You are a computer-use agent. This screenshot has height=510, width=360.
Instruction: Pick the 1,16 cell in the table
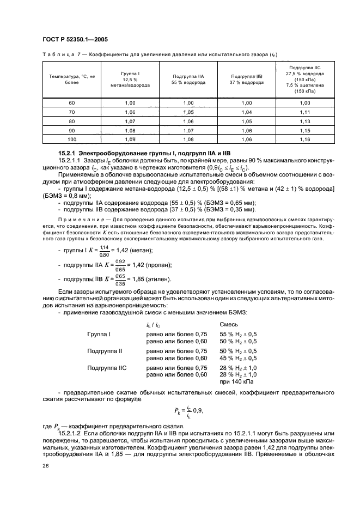[x=305, y=140]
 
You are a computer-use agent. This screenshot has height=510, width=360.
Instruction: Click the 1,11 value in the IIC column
[x=305, y=112]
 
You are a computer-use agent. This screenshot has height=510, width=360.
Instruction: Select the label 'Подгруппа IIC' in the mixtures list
[x=107, y=368]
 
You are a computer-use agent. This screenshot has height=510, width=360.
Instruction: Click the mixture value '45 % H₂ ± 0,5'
[x=238, y=358]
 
